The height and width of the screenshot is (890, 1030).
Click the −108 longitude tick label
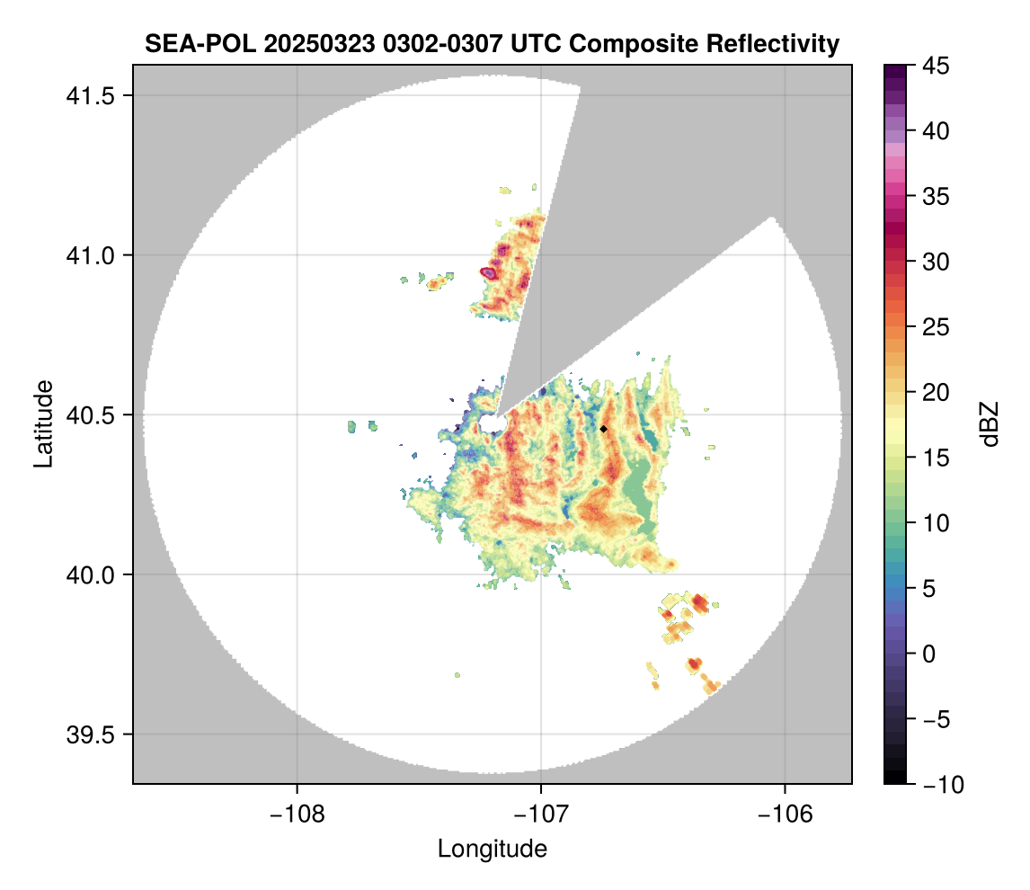point(296,814)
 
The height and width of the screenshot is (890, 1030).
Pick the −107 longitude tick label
point(541,814)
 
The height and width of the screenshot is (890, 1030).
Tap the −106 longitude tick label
point(786,814)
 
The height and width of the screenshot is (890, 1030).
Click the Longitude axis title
point(493,849)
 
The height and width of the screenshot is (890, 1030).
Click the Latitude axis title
point(43,423)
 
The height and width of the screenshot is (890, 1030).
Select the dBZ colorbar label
point(990,424)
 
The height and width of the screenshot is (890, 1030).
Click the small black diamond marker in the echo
point(604,429)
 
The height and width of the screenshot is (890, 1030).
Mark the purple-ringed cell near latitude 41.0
point(488,271)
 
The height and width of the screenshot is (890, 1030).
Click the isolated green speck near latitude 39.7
point(457,674)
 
